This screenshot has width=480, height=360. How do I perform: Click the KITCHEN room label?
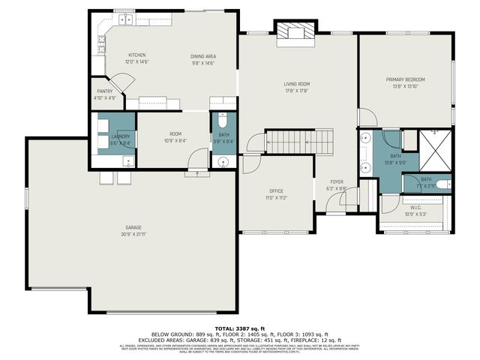(136, 55)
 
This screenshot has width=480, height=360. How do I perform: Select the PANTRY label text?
(104, 91)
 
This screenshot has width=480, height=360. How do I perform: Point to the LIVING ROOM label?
(297, 84)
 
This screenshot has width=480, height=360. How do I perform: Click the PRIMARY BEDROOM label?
(405, 79)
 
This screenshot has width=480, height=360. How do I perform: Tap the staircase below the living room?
(300, 140)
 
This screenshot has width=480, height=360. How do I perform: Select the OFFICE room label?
(276, 191)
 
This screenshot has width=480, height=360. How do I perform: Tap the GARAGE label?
(133, 227)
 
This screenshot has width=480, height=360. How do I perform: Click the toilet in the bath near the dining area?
(222, 122)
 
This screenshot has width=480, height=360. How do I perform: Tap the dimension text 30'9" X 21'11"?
(133, 234)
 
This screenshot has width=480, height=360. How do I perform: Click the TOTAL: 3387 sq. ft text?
(240, 328)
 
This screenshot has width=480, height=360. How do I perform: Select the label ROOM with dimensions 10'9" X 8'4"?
(175, 133)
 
